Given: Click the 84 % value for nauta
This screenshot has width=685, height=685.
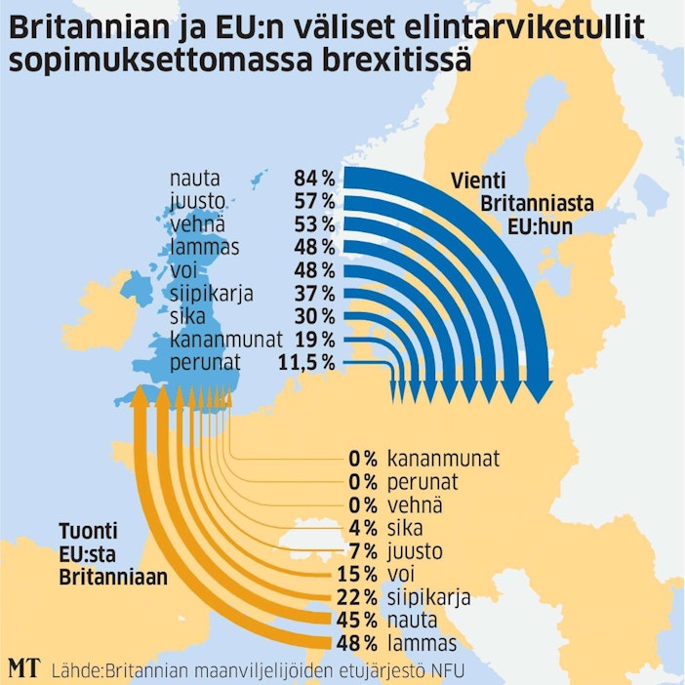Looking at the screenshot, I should (313, 179).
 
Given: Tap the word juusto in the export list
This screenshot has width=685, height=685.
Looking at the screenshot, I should (193, 201).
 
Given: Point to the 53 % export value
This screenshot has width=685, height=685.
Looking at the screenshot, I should (313, 224).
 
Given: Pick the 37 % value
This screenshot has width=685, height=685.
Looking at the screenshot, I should (313, 294).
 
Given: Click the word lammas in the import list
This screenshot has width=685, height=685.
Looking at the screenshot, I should (421, 643).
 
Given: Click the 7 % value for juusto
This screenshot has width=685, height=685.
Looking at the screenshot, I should (361, 551).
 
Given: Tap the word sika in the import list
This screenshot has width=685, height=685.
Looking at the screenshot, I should (406, 528).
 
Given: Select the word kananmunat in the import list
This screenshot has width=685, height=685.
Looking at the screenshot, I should (443, 459).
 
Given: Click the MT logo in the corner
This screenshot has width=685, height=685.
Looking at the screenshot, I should (23, 668).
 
